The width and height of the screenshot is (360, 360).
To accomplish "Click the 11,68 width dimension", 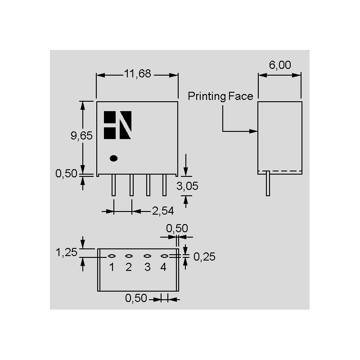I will pos(138,74).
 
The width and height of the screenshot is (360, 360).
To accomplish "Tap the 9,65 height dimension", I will pos(81,136).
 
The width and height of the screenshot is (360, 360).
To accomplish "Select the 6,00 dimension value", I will pos(280,65).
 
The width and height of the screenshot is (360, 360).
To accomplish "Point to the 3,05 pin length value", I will pos(187,186).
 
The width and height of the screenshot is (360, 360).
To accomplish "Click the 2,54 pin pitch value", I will pos(162,210).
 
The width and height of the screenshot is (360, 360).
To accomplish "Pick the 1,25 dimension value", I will pos(67,252).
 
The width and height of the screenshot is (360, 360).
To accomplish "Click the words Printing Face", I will pos(220,96).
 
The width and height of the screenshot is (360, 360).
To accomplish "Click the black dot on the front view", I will pos(114,158).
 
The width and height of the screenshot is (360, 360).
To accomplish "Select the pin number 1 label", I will pos(112,267).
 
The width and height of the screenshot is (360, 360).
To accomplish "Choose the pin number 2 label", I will pos(129,267).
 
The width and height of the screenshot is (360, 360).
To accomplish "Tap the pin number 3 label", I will pos(147,267).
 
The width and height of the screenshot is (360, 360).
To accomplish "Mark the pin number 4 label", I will pos(163,267).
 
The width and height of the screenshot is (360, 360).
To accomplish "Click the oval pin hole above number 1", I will pos(112,256).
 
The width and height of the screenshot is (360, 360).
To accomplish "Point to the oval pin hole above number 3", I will pos(147,256).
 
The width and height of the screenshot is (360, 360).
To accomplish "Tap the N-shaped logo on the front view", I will pos(118,125).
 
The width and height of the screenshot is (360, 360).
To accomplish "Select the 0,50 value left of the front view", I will pos(66,174).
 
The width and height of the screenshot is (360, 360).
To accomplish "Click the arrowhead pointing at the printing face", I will pos(254,131).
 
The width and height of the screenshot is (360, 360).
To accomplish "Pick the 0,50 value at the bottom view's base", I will pos(136,298).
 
